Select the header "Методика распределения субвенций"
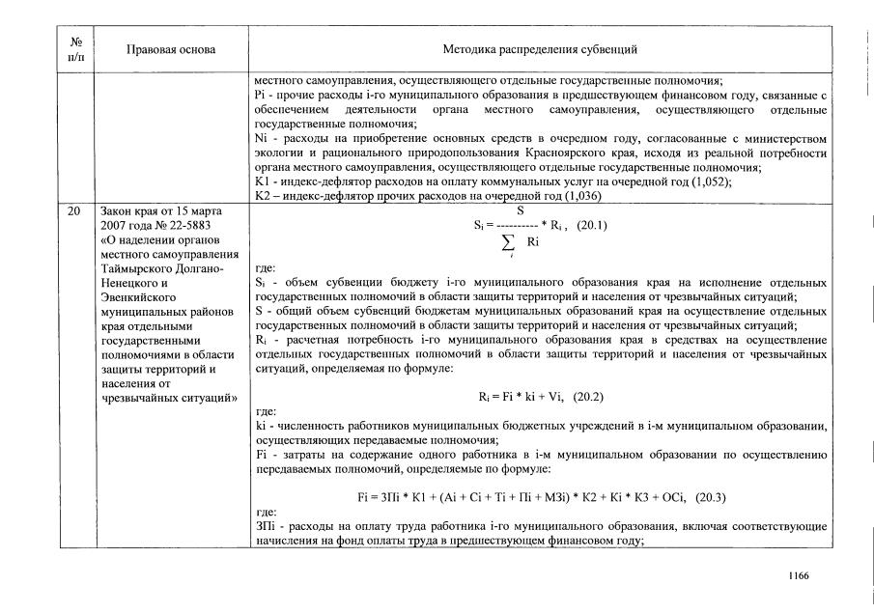click(x=540, y=49)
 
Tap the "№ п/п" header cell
click(x=75, y=49)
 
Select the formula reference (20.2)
click(x=591, y=397)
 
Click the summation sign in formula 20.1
click(x=507, y=240)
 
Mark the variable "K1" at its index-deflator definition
click(x=261, y=181)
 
